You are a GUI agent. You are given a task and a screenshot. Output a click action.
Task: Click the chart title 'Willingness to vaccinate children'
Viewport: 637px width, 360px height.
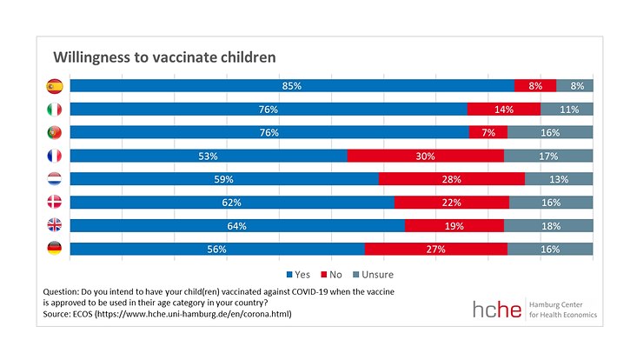(164, 57)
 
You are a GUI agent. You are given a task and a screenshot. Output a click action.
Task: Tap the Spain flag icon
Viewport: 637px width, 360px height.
(53, 86)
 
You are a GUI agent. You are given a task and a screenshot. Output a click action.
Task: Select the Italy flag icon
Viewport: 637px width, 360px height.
(53, 110)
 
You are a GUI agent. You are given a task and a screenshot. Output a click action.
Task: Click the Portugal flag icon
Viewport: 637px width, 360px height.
(53, 133)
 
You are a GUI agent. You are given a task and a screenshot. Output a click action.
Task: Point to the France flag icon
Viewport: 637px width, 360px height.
(53, 156)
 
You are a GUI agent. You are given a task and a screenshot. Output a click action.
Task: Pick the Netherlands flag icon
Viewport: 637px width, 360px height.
(53, 179)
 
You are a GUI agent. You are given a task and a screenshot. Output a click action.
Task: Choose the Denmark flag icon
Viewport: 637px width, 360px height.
(53, 203)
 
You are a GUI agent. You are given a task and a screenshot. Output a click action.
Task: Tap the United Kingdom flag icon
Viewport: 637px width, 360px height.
(53, 225)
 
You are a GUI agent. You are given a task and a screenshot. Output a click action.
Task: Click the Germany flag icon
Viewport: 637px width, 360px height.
(53, 249)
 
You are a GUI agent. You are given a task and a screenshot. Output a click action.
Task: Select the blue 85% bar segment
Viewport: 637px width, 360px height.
(292, 86)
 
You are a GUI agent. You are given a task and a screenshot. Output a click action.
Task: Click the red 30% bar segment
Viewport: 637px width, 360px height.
(425, 156)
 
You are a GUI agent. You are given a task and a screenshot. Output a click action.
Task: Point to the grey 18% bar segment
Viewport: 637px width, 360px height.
(548, 225)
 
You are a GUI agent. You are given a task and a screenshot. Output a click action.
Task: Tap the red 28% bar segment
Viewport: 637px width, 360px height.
(451, 179)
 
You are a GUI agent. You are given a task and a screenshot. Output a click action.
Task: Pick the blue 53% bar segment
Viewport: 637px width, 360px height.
(209, 156)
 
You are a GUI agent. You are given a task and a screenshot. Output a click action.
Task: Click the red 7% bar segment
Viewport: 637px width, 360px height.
(488, 133)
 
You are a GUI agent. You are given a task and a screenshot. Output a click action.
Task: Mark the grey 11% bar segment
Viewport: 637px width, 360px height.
(567, 110)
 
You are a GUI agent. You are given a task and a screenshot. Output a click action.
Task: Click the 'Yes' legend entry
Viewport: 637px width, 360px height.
(297, 274)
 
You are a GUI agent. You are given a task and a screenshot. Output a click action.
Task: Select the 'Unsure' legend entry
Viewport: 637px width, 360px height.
(372, 274)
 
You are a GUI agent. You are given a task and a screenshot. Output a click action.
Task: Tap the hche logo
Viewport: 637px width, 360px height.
(499, 310)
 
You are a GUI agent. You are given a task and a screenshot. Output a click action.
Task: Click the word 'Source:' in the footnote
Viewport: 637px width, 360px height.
(61, 314)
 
